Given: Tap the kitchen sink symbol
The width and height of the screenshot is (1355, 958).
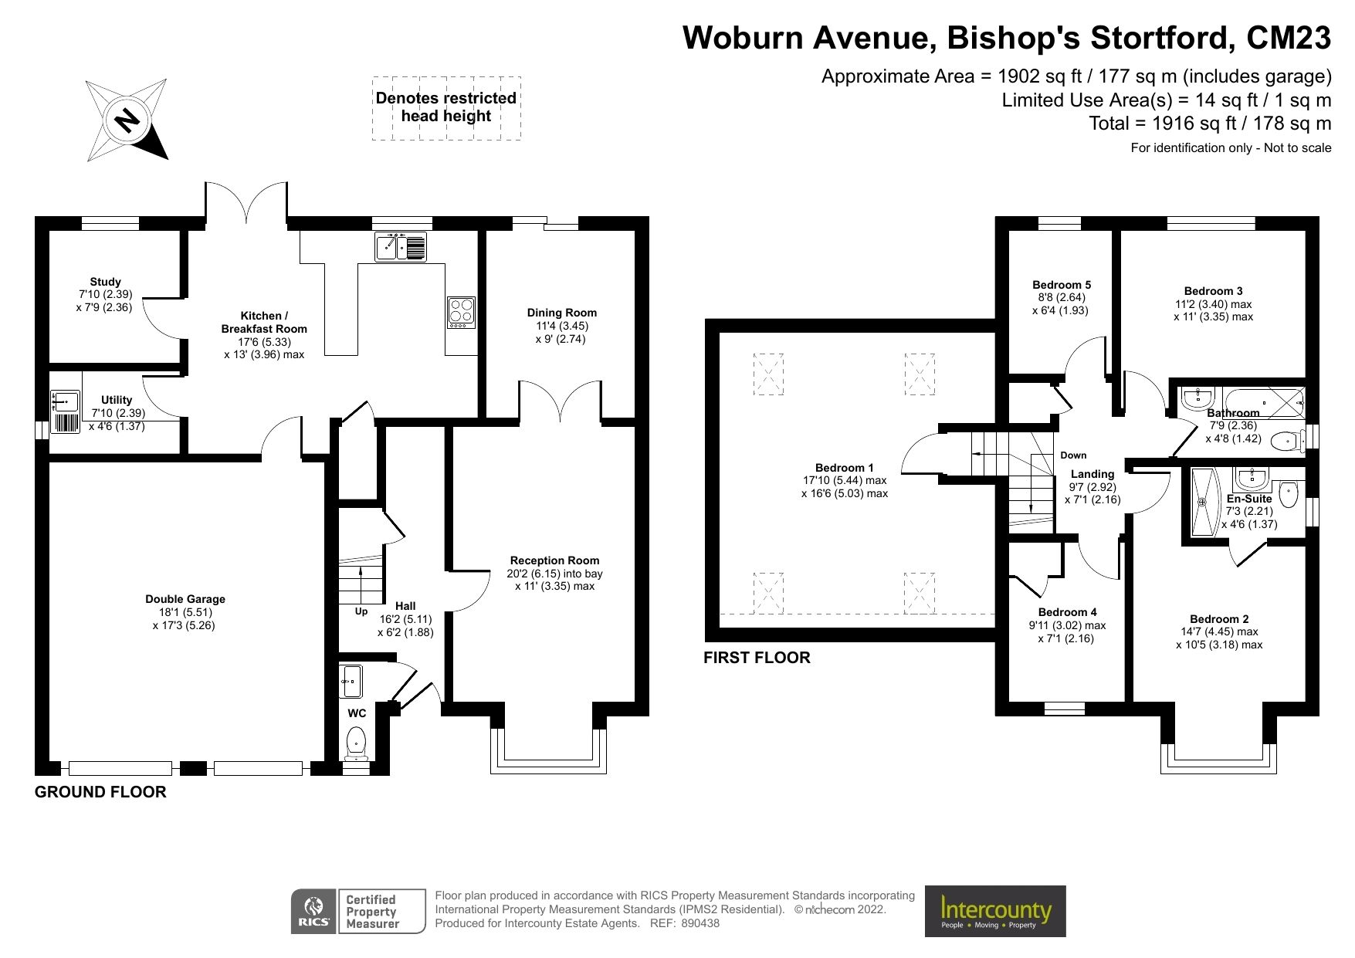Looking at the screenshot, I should click(x=400, y=246).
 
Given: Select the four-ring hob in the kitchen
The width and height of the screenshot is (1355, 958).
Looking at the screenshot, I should click(x=461, y=313).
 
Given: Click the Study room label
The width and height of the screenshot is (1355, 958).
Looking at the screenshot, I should click(x=105, y=282).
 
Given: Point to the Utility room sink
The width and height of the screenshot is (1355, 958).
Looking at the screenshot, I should click(x=66, y=402).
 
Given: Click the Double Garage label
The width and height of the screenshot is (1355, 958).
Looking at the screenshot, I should click(x=185, y=599).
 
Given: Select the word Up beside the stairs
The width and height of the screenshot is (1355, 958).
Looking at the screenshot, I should click(x=361, y=611).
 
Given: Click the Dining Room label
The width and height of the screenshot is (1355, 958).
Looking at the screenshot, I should click(x=561, y=313).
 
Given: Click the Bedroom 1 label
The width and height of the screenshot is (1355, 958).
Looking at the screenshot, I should click(x=844, y=468).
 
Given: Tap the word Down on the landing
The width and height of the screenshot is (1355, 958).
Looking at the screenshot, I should click(x=1073, y=455).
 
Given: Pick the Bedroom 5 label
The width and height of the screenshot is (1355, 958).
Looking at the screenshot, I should click(x=1062, y=285).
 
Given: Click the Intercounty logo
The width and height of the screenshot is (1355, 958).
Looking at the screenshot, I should click(x=995, y=911).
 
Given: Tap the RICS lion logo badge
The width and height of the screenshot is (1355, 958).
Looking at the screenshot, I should click(x=313, y=911).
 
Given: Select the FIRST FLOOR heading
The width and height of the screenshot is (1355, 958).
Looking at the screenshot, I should click(x=757, y=658).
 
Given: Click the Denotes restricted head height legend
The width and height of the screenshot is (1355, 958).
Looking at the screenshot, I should click(x=446, y=107).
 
